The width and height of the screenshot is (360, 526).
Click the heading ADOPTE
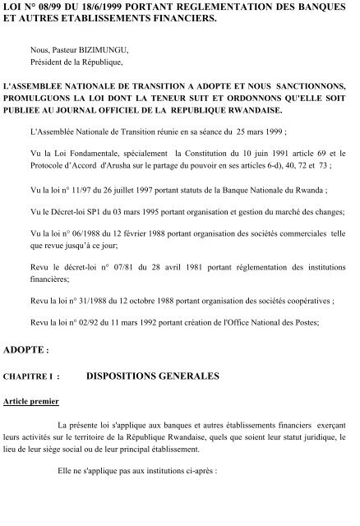pyautogui.click(x=24, y=351)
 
